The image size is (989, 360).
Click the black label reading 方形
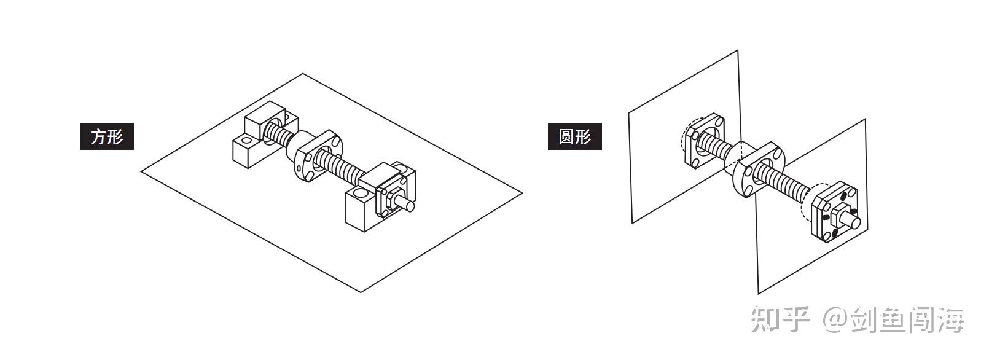click(107, 136)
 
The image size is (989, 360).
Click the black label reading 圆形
click(574, 136)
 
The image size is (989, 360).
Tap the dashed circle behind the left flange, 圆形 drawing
click(684, 139)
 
